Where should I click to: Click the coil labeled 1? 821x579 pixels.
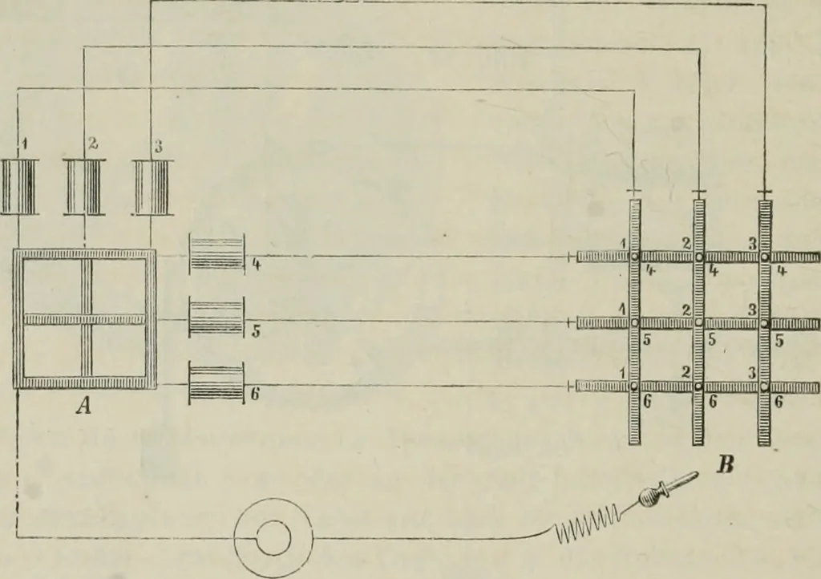coord(19,187)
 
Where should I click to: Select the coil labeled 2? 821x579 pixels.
coord(84,187)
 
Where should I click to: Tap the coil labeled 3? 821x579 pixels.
coord(152,187)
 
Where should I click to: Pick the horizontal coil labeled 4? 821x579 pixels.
coord(216,254)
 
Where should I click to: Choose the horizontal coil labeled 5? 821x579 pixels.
coord(216,318)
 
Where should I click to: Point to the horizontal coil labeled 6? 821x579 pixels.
coord(216,383)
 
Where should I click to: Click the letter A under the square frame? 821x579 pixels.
coord(83,405)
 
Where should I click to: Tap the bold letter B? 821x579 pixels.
coord(725,464)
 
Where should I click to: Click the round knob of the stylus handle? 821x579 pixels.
coord(650,497)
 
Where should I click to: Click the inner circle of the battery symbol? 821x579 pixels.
coord(273,539)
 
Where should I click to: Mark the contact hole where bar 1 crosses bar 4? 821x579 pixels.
coord(634,257)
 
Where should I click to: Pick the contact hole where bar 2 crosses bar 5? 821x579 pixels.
coord(699,322)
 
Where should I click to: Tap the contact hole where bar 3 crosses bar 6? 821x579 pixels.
coord(764,387)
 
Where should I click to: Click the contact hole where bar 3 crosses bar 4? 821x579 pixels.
coord(764,257)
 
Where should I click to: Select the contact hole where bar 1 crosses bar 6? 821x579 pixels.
coord(634,387)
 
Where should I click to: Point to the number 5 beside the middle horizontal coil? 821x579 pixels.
coord(256,331)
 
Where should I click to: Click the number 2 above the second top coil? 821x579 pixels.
coord(93,144)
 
